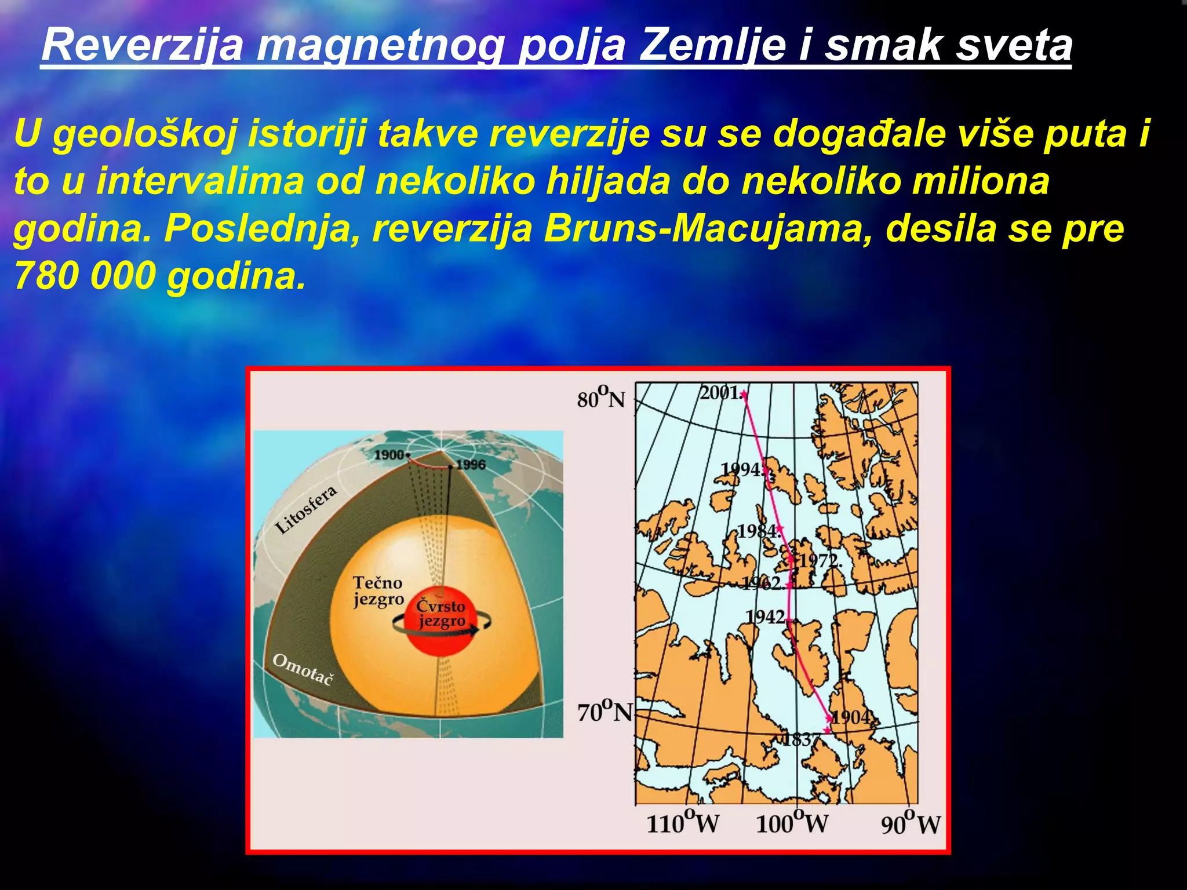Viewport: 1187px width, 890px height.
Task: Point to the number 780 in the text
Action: coord(45,276)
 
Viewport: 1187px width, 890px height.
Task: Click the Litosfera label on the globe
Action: coord(305,510)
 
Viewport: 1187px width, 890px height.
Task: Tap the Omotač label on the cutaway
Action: coord(303,669)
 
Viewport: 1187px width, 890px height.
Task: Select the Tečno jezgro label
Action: coord(378,591)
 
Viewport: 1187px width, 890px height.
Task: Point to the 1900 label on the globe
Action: coord(389,455)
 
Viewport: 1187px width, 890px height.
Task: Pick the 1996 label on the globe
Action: coord(471,465)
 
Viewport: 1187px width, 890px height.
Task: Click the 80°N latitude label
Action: coord(601,399)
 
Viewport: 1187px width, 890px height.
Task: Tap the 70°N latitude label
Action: coord(604,712)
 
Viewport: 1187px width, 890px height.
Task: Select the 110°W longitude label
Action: coord(682,822)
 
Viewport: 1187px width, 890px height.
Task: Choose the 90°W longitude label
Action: coord(910,823)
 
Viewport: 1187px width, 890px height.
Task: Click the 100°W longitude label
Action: coord(792,822)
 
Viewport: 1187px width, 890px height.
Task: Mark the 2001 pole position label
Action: coord(719,393)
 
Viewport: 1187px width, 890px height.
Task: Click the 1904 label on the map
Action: coord(851,717)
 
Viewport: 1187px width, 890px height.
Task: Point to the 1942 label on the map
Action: coord(765,617)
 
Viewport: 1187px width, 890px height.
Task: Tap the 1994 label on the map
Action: coord(741,469)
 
